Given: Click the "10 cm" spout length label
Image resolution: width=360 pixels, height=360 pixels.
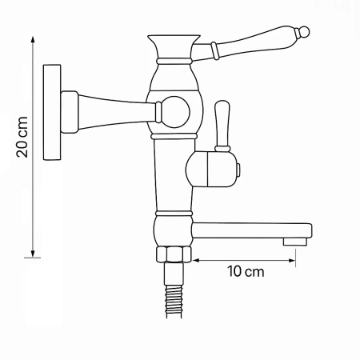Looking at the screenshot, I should click(x=246, y=271).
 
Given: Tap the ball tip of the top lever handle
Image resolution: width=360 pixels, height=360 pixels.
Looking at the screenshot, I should click(x=303, y=32).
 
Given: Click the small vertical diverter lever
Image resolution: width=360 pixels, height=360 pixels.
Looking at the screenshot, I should click(x=223, y=124).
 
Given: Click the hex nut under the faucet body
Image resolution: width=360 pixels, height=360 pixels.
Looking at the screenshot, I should click(x=174, y=255).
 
